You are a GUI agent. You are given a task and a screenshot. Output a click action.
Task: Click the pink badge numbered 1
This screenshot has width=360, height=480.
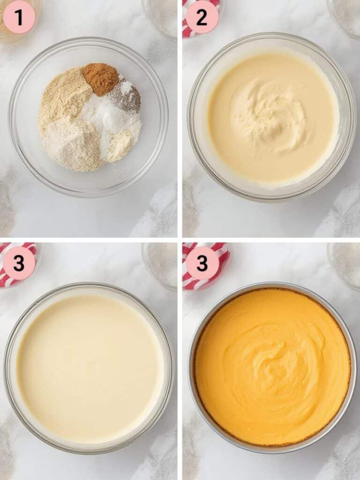tap(19, 17)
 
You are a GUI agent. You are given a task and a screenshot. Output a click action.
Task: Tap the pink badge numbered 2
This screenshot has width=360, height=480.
tap(202, 17)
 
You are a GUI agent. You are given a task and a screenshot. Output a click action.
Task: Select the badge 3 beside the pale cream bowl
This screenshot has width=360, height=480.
tap(19, 263)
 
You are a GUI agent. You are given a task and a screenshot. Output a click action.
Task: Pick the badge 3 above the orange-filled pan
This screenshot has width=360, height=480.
tap(202, 263)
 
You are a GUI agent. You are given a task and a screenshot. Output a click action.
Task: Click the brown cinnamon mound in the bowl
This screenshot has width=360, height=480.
tap(101, 77)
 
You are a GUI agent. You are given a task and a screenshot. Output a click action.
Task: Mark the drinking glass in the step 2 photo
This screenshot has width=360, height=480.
tap(345, 16)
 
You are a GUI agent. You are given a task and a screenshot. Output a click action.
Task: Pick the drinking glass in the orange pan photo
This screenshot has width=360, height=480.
tap(345, 262)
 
